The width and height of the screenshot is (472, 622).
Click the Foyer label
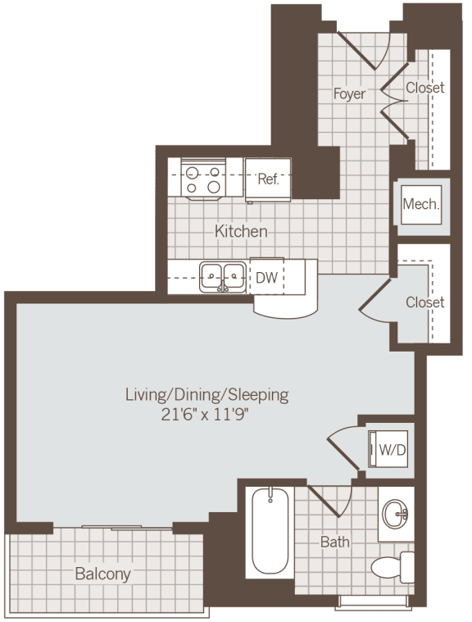click(x=349, y=93)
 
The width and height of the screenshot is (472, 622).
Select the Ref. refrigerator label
click(x=269, y=179)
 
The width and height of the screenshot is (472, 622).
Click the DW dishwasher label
click(x=266, y=278)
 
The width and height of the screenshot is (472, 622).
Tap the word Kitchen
click(x=241, y=231)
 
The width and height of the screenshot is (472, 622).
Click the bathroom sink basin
click(x=397, y=515)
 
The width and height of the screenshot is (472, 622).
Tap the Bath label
click(x=334, y=542)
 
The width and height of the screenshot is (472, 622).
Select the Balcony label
click(x=102, y=573)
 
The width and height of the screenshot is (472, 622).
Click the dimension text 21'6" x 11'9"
click(x=206, y=415)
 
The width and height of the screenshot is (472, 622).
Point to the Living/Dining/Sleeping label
click(x=206, y=395)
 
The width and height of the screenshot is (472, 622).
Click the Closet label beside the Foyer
click(x=425, y=88)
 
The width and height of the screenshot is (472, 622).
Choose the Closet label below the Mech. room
click(x=425, y=302)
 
